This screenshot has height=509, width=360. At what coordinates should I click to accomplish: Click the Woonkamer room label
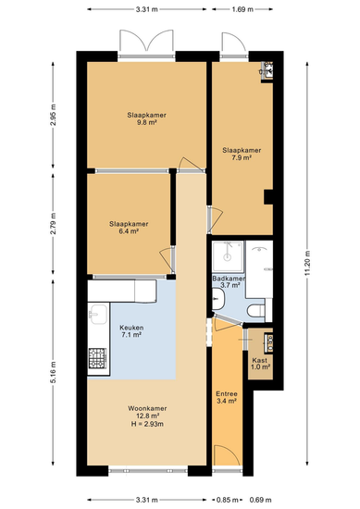(147, 408)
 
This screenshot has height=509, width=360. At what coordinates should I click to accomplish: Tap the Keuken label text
(131, 328)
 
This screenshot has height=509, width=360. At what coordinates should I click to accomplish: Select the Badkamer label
(229, 279)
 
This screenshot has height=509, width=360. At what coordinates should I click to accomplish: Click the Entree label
(227, 393)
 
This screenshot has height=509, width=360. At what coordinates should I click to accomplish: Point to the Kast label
(260, 360)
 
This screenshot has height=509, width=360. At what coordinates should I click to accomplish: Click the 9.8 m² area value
(147, 122)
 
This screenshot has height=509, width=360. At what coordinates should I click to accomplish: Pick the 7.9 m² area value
(242, 157)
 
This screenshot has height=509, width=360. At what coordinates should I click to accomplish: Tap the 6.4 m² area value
(129, 231)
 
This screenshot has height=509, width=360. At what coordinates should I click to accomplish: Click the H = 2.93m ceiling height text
(147, 424)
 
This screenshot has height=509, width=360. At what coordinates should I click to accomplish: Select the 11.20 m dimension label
(307, 263)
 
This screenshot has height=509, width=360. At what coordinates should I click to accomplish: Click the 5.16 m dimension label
(54, 372)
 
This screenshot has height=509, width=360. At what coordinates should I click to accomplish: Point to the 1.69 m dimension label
(242, 9)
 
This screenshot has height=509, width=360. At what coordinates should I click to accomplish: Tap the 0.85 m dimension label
(228, 500)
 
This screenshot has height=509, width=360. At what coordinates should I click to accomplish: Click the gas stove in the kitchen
(97, 358)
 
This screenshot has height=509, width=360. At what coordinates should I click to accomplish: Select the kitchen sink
(98, 315)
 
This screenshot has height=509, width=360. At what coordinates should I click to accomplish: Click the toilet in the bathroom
(255, 311)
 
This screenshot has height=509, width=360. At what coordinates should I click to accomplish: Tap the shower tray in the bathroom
(228, 256)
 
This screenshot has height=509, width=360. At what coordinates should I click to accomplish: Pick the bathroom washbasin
(217, 299)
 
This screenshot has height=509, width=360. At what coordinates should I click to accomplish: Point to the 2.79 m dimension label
(54, 224)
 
